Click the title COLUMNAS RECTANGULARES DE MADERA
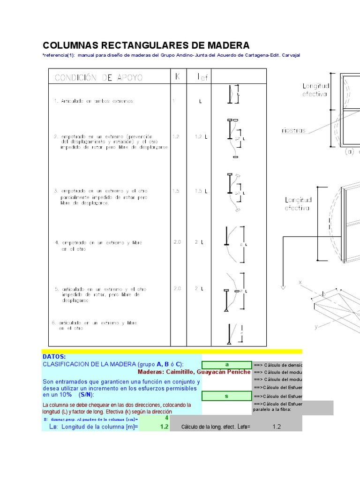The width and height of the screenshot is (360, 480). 146,45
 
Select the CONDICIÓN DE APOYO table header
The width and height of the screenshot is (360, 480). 99,77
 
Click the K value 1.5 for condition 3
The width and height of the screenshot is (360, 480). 176,191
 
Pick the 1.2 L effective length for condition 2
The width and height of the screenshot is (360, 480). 200,136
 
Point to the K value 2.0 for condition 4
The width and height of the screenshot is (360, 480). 177,242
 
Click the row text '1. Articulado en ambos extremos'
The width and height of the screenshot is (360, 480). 94,101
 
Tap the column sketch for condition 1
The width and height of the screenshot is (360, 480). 233,94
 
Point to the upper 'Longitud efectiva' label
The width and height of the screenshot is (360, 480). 316,90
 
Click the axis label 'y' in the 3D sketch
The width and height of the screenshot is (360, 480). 316,326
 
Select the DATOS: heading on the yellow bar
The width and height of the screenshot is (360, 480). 54,357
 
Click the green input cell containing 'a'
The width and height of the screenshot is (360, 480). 226,365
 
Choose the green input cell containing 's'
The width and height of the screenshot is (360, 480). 226,396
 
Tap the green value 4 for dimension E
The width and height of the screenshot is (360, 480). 166,418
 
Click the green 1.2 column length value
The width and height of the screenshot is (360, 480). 164,427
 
